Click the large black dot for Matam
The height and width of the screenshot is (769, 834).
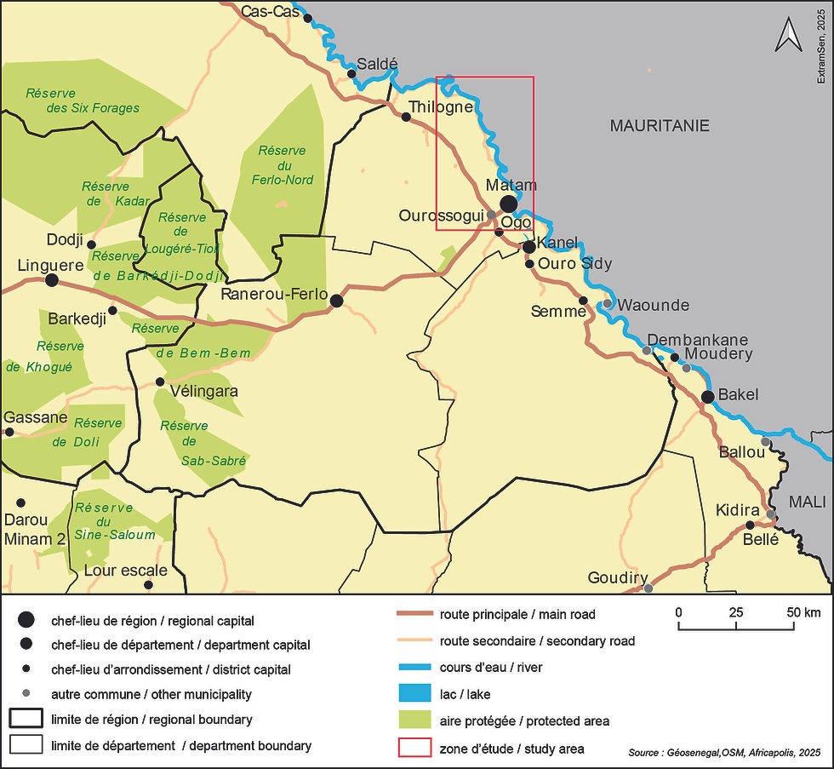tap(508, 204)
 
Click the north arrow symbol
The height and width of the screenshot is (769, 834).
tap(788, 37)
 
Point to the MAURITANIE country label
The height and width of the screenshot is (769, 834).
tap(660, 126)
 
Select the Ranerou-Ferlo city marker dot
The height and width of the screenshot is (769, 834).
tap(336, 301)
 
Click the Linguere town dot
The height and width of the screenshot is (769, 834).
tap(51, 279)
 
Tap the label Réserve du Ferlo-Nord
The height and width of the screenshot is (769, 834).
tap(284, 165)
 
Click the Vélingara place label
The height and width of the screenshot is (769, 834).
tap(204, 392)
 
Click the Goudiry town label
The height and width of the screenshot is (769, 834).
tap(618, 578)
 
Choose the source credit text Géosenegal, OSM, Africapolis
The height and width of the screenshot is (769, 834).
tap(727, 753)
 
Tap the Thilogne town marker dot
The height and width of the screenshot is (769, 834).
tap(406, 117)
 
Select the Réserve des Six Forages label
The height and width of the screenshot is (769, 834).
tap(82, 100)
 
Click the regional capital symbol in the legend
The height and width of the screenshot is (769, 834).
tap(26, 620)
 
